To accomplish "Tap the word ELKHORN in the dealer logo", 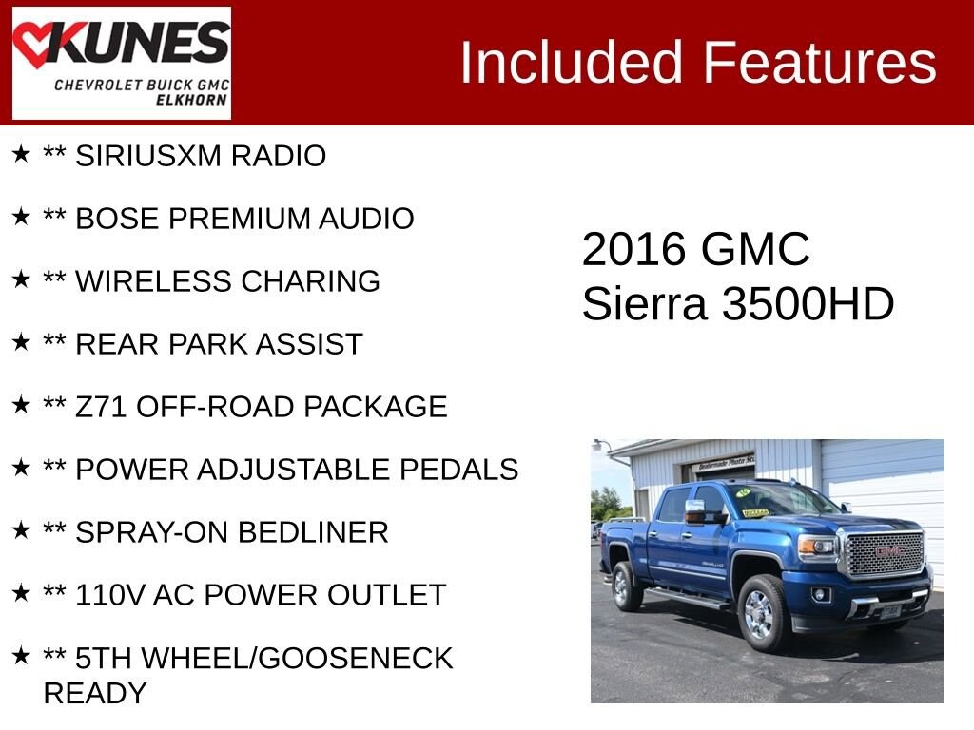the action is tap(191, 100).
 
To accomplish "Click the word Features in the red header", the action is tap(819, 62).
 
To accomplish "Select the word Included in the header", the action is tap(571, 62).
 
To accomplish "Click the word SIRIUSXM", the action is tap(148, 156).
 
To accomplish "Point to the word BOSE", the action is tap(117, 219).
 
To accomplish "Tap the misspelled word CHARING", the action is tap(310, 281).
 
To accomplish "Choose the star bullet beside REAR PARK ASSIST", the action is tap(21, 341).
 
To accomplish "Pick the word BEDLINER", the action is tap(313, 532).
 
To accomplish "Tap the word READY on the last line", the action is tap(95, 693).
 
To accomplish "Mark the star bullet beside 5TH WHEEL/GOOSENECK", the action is tap(21, 656).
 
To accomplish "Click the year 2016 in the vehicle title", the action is tap(633, 249).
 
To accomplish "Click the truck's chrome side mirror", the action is tap(696, 511).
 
